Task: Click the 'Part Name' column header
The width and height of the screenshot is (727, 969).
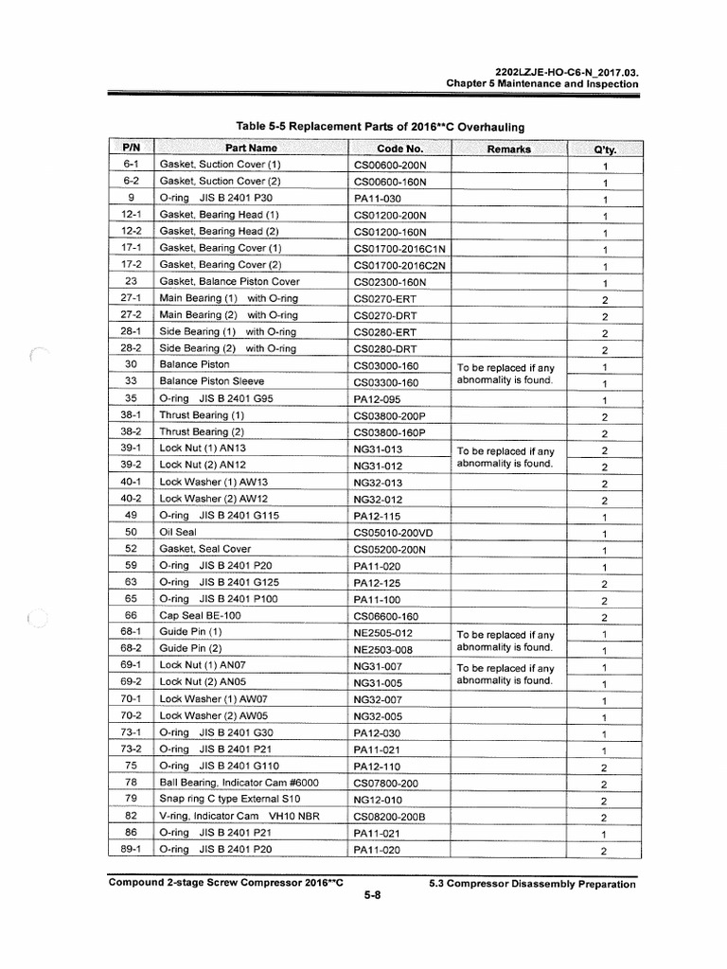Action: (251, 149)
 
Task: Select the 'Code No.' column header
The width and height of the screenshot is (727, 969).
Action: (399, 149)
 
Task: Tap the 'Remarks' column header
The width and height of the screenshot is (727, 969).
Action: (508, 149)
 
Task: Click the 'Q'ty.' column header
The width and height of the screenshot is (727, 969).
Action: (604, 150)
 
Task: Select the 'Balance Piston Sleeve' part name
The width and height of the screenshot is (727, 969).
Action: (213, 381)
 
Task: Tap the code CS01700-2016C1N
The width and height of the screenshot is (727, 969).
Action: (399, 249)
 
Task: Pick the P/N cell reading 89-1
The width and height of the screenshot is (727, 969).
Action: (132, 850)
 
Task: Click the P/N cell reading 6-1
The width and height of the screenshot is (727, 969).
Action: (132, 165)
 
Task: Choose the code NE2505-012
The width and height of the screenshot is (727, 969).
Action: (383, 634)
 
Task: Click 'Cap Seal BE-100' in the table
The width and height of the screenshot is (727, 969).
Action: (200, 615)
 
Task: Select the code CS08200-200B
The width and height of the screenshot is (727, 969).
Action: (389, 816)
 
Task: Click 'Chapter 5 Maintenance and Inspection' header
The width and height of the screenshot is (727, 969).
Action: (542, 84)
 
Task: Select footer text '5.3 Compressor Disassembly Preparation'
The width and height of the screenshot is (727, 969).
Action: (533, 884)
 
